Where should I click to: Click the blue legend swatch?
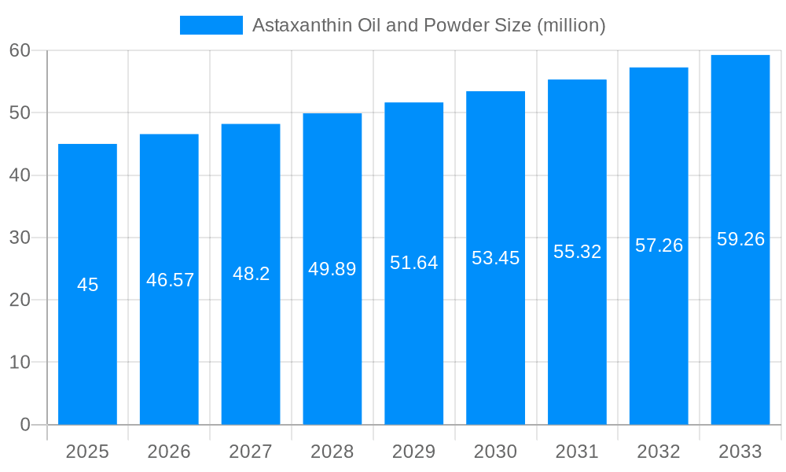(211, 25)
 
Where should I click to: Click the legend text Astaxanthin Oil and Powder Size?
(428, 25)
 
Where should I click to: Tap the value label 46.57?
(170, 280)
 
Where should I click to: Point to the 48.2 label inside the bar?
(251, 274)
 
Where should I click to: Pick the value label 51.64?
(414, 263)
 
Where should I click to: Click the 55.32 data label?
(577, 252)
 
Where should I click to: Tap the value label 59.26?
(740, 239)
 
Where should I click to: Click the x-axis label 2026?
(169, 452)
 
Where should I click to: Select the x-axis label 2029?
(414, 452)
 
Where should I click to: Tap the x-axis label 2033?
(740, 452)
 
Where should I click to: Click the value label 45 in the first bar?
(87, 285)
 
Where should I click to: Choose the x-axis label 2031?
(577, 452)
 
